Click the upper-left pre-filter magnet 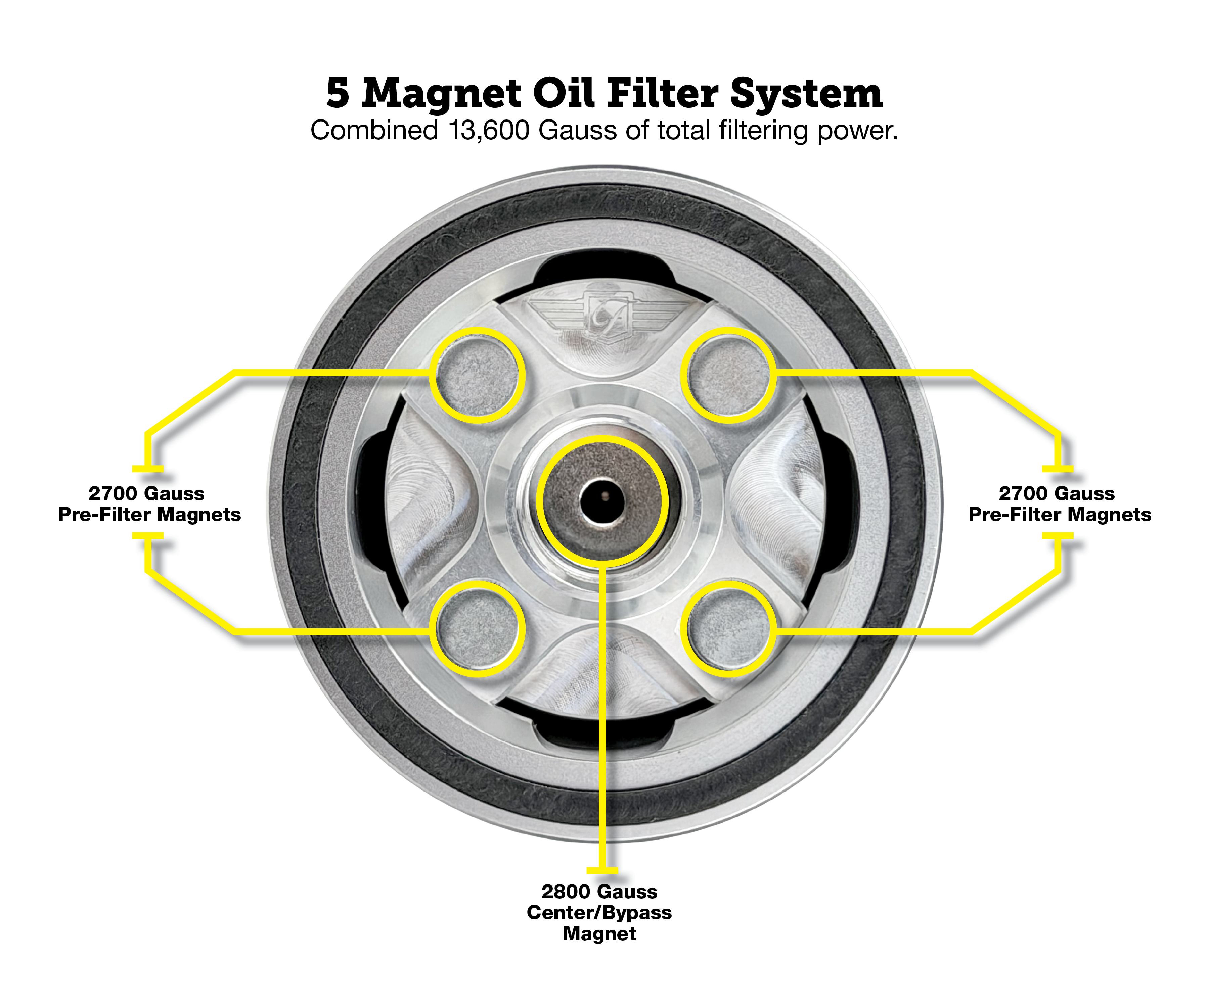pyautogui.click(x=477, y=376)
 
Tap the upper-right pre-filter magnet pyautogui.click(x=729, y=376)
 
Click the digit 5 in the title pyautogui.click(x=338, y=94)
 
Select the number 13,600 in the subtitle pyautogui.click(x=489, y=131)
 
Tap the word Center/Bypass pyautogui.click(x=599, y=913)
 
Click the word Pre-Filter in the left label pyautogui.click(x=104, y=515)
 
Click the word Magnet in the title pyautogui.click(x=442, y=94)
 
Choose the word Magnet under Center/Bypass pyautogui.click(x=599, y=934)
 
